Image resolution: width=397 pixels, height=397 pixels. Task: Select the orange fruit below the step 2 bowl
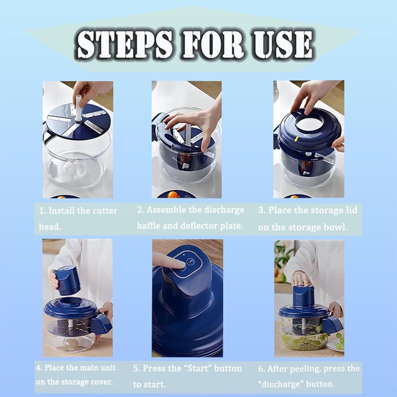pyautogui.click(x=173, y=194)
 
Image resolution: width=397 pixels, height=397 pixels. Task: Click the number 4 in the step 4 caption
pyautogui.click(x=38, y=368)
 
